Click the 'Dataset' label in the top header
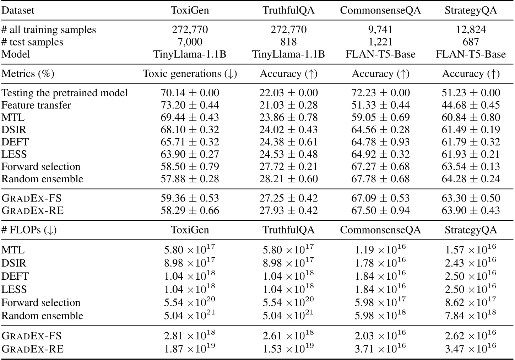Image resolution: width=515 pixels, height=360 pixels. tap(18, 10)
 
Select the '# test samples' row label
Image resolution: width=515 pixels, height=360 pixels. tap(32, 42)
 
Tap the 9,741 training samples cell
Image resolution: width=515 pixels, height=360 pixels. tap(380, 29)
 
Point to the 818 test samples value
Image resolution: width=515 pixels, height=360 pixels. tap(288, 42)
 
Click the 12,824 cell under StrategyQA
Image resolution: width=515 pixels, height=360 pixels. tap(471, 29)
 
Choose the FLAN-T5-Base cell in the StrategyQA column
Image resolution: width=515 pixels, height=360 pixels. tap(471, 54)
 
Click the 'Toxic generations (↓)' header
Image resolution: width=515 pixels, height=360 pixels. tap(190, 74)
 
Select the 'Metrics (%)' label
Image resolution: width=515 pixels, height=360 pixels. tap(28, 74)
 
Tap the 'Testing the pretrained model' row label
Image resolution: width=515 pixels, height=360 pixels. tap(65, 93)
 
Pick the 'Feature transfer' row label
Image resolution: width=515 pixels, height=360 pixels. tap(36, 105)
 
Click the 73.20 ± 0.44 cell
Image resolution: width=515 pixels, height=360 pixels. tap(190, 105)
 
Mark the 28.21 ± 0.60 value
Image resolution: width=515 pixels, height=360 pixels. tap(288, 179)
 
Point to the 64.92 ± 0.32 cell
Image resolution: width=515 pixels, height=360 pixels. tap(380, 154)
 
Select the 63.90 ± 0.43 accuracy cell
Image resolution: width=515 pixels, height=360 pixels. tap(471, 210)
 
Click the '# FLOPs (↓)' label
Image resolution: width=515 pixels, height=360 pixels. tap(29, 230)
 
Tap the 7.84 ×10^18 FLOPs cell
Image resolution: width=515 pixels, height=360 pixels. tap(471, 315)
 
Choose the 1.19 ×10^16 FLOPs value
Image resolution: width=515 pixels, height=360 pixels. tap(380, 250)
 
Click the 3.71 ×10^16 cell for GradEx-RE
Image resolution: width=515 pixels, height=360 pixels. tap(380, 348)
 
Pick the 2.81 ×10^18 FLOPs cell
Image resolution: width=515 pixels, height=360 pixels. tap(190, 335)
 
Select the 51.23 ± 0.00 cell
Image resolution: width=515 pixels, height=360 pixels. tap(471, 93)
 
